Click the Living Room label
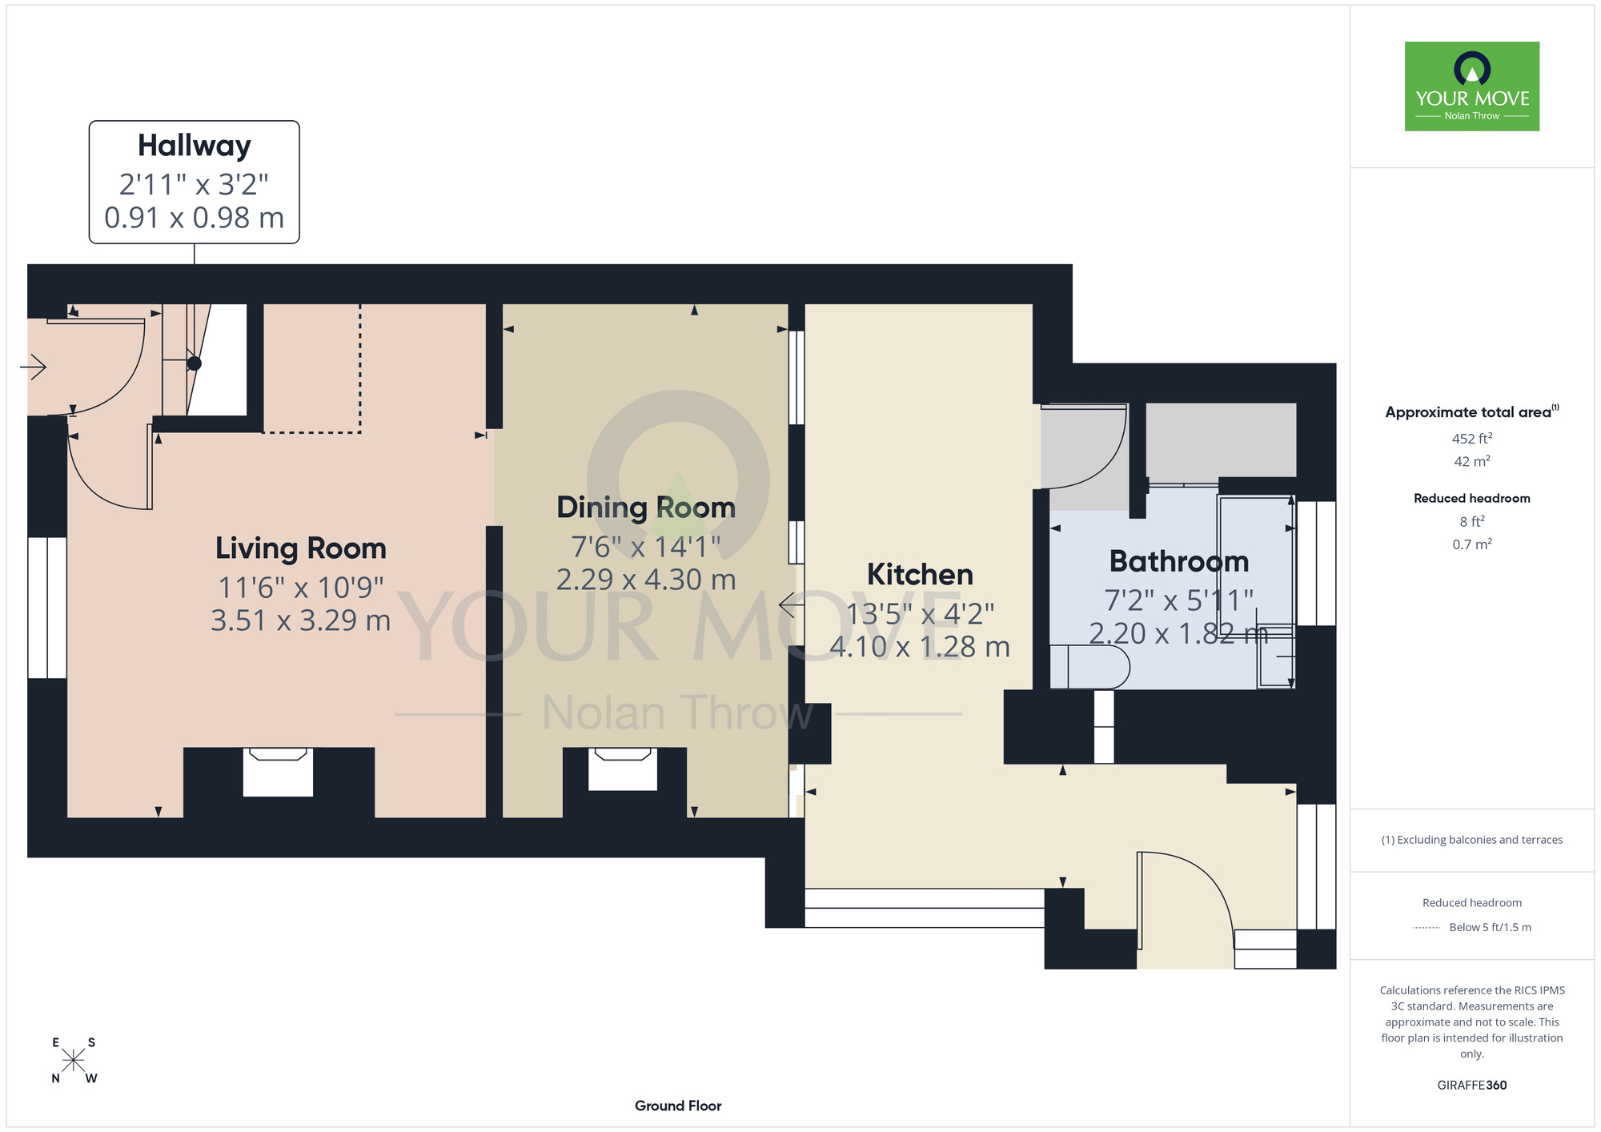click(x=301, y=548)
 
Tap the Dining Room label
click(x=646, y=508)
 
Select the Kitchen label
click(x=920, y=575)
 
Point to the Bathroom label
click(x=1179, y=561)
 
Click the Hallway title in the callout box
click(x=195, y=146)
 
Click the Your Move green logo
click(x=1472, y=86)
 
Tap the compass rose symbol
click(x=74, y=1061)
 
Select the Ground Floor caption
click(x=678, y=1106)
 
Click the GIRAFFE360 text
click(x=1472, y=1086)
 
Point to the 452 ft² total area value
click(x=1472, y=438)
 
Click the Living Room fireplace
click(x=278, y=772)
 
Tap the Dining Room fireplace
click(x=623, y=769)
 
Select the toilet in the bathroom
click(x=1089, y=667)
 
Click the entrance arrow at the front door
click(x=33, y=367)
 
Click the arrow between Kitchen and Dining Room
click(x=792, y=604)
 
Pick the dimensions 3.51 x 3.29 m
click(x=301, y=620)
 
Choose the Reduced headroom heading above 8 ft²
click(x=1472, y=498)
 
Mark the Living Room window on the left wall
click(x=47, y=608)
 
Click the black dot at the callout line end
click(x=195, y=363)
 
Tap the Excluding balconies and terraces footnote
click(x=1472, y=840)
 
